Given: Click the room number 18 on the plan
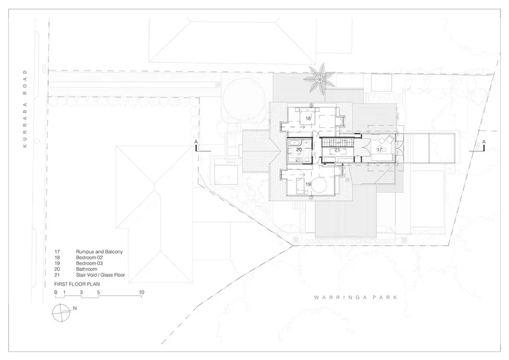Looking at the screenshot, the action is [308, 118].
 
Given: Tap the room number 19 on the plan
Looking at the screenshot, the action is [308, 184].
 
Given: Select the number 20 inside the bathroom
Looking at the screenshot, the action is [299, 149].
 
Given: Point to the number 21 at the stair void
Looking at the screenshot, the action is [337, 149].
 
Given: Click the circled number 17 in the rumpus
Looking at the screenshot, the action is [379, 149].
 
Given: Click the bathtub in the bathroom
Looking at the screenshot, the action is [295, 142].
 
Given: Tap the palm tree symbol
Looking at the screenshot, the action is [320, 79].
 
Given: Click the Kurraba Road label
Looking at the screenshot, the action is [25, 108].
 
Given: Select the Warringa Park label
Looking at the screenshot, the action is [356, 297].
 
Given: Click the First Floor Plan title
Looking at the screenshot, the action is [77, 284].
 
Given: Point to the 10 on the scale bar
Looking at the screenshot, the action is [141, 292].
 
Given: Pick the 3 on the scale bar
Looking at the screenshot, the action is [81, 292].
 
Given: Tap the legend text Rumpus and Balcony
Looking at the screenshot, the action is [99, 252].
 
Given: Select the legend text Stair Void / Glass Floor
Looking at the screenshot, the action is [101, 275].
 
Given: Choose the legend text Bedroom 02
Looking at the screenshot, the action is [89, 258].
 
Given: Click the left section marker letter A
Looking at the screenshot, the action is [196, 142].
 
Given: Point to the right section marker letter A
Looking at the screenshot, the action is [484, 142].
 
